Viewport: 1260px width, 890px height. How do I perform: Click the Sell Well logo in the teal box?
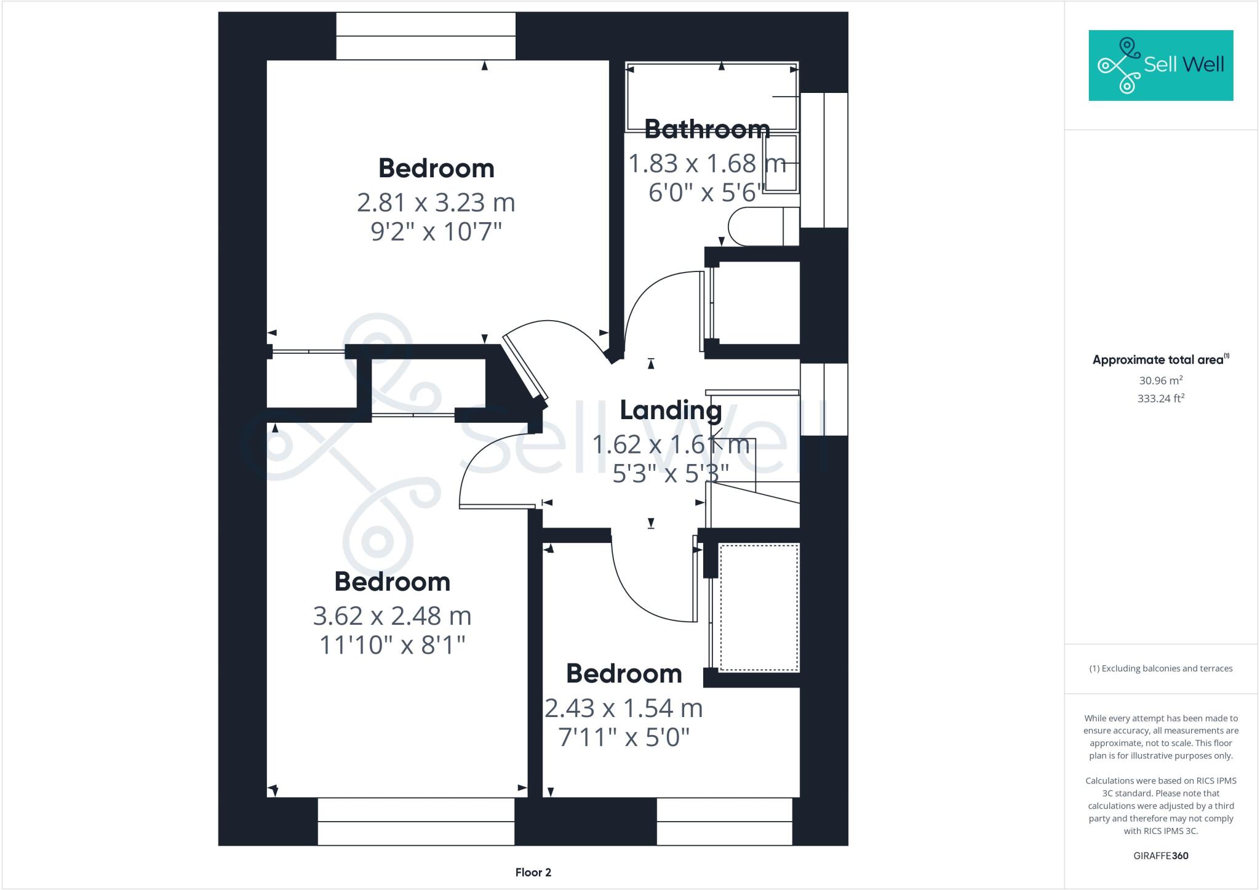(1160, 65)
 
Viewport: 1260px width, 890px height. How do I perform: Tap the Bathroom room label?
(707, 129)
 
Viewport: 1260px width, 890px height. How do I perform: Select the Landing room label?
(671, 411)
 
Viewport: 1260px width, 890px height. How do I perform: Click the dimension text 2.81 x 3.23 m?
(436, 202)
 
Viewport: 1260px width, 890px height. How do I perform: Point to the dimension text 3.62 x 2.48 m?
(392, 615)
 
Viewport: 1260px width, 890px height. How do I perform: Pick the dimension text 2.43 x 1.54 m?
(623, 708)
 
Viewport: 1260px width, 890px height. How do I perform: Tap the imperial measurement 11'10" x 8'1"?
(392, 645)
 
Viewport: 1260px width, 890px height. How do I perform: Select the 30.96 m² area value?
(1160, 380)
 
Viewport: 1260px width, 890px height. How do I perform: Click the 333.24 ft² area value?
(1160, 398)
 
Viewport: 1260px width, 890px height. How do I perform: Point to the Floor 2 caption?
(533, 872)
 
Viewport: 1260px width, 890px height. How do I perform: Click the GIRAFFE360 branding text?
(1160, 856)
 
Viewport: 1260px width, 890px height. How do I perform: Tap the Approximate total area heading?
(1160, 360)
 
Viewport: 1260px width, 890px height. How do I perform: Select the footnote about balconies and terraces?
(1160, 668)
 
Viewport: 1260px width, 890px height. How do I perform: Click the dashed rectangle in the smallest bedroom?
(759, 607)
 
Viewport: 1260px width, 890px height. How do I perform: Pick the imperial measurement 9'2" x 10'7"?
(436, 232)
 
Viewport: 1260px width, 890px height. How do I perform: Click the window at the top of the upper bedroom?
(426, 36)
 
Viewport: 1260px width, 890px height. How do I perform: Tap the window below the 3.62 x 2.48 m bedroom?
(416, 821)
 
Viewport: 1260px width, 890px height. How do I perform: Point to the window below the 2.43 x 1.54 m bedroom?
(724, 821)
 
